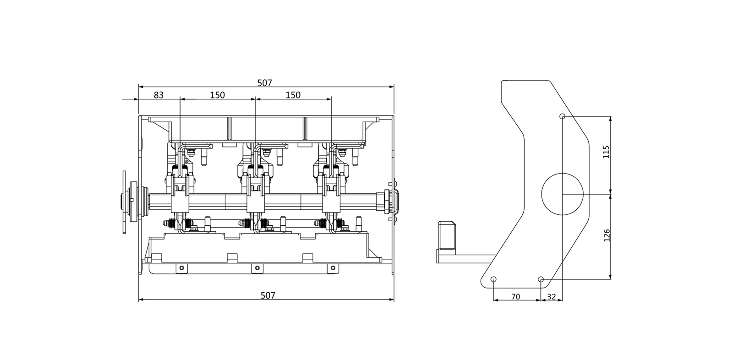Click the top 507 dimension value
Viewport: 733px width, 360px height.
tap(264, 83)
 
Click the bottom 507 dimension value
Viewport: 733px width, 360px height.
tap(268, 295)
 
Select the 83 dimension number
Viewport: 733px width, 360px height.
tap(159, 95)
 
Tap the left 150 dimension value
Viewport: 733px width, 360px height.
tap(217, 95)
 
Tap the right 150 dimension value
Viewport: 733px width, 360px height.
tap(293, 95)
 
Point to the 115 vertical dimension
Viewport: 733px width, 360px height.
tap(606, 152)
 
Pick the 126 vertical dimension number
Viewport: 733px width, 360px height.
tap(607, 235)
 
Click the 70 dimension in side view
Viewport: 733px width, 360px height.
tap(515, 296)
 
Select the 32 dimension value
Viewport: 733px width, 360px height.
tap(552, 296)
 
